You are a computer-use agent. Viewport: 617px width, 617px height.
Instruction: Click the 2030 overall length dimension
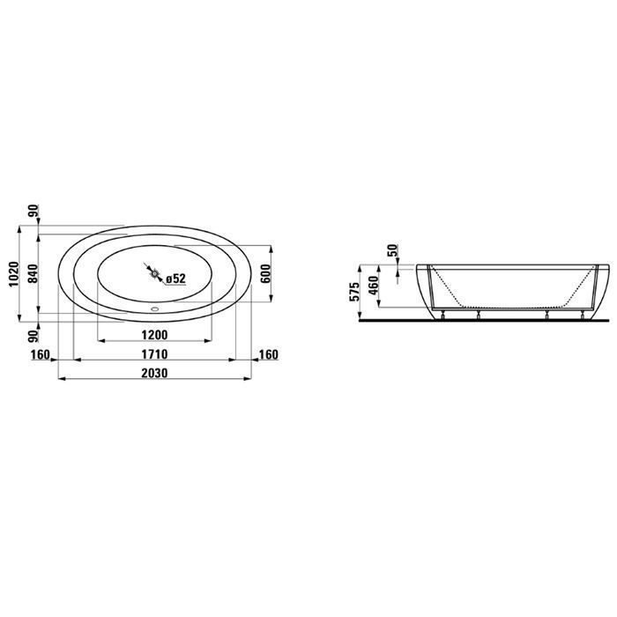pos(154,373)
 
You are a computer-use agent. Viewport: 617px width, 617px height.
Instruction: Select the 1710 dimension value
pos(154,354)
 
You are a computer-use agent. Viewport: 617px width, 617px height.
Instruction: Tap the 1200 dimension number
pos(154,335)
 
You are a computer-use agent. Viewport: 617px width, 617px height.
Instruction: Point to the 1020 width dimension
pos(14,274)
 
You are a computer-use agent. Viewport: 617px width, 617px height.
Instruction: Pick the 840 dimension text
pos(33,274)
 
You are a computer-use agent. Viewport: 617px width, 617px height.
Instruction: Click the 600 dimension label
pos(266,274)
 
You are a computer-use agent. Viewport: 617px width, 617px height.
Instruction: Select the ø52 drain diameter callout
pos(175,279)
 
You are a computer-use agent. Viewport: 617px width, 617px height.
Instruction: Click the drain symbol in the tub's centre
pos(154,272)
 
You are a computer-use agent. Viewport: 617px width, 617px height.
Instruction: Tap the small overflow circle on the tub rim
pos(154,308)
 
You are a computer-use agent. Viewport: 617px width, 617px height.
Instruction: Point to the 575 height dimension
pos(354,292)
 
